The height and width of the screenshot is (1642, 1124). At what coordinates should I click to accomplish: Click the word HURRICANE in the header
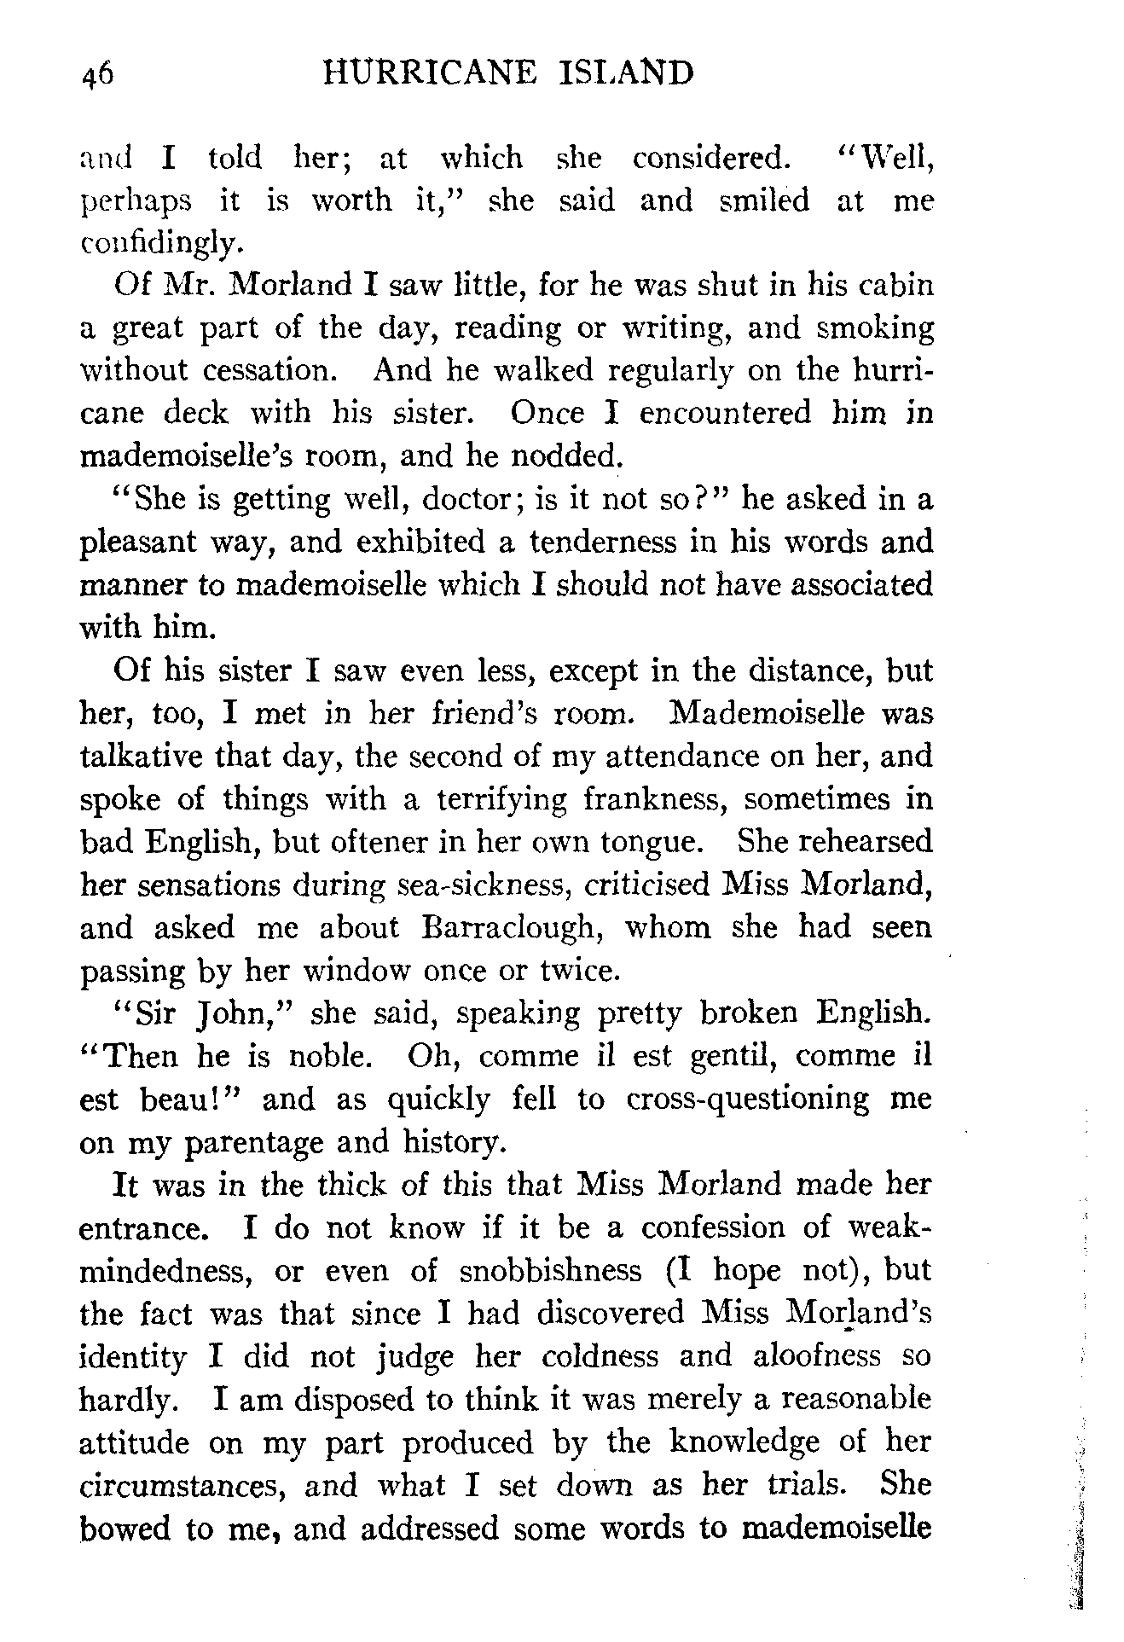coord(430,73)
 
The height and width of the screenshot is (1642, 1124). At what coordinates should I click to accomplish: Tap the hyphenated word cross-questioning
coord(748,1099)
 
